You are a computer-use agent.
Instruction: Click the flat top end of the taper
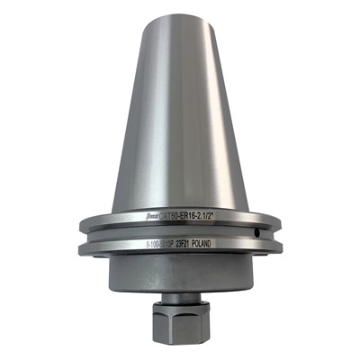(181, 13)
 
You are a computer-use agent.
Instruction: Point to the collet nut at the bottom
(180, 325)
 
